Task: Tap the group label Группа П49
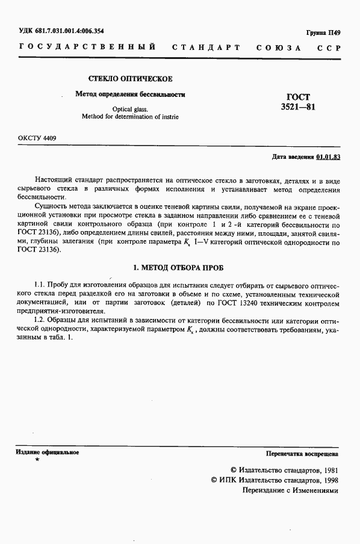point(324,32)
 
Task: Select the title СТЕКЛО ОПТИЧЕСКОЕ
point(131,79)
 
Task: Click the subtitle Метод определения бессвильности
point(130,94)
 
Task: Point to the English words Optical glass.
point(130,109)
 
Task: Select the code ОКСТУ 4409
point(37,138)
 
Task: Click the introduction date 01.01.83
point(328,157)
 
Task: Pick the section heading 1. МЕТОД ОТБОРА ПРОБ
point(178,268)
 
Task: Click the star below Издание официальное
point(37,460)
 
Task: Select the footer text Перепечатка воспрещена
point(302,454)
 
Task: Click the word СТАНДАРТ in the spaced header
point(206,47)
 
